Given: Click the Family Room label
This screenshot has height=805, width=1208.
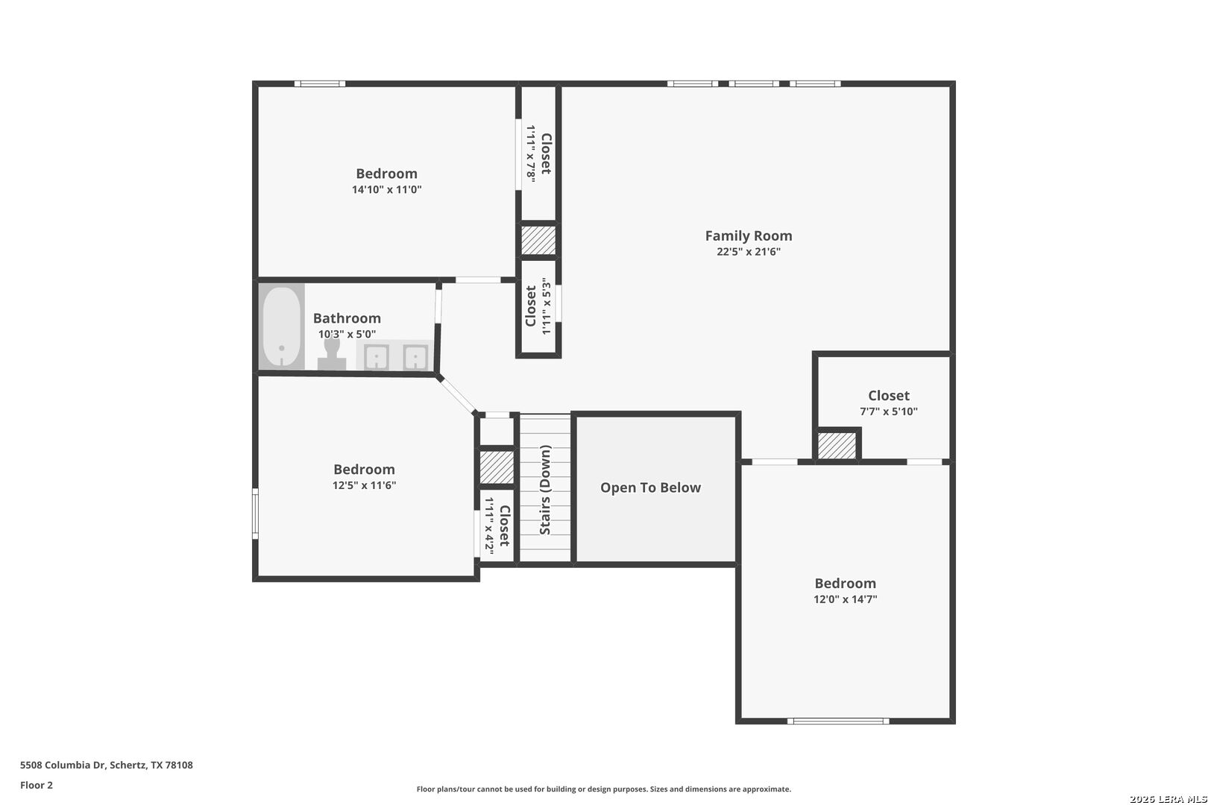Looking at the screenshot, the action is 749,236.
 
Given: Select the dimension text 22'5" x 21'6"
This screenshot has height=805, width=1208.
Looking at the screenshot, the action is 749,251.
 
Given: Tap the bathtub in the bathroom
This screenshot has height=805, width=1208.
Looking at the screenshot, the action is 282,326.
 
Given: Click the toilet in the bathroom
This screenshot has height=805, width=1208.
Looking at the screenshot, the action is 332,354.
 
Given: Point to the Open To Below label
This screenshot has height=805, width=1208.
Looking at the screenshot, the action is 650,487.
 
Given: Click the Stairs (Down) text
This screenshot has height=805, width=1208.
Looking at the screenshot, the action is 545,490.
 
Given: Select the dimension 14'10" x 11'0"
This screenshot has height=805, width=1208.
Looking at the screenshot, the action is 387,189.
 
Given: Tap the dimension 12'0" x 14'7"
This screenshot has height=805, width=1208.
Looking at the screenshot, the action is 845,599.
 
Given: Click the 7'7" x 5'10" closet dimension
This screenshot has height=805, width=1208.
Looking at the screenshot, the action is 888,411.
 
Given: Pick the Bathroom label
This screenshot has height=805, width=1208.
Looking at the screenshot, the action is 347,318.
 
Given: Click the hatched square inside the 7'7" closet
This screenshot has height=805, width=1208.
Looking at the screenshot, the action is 837,446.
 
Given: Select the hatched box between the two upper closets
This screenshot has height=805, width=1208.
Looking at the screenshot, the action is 538,241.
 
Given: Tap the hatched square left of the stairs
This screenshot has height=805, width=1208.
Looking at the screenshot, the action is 497,467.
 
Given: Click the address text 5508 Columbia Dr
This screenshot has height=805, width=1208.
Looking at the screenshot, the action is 63,765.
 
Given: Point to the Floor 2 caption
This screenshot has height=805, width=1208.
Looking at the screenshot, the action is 37,785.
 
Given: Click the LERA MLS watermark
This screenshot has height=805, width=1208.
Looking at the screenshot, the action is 1168,799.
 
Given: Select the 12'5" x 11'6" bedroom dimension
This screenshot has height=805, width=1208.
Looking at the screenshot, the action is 364,484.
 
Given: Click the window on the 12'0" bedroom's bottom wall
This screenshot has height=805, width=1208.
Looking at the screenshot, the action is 838,721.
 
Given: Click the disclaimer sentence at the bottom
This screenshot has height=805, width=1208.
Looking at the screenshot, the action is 603,789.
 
